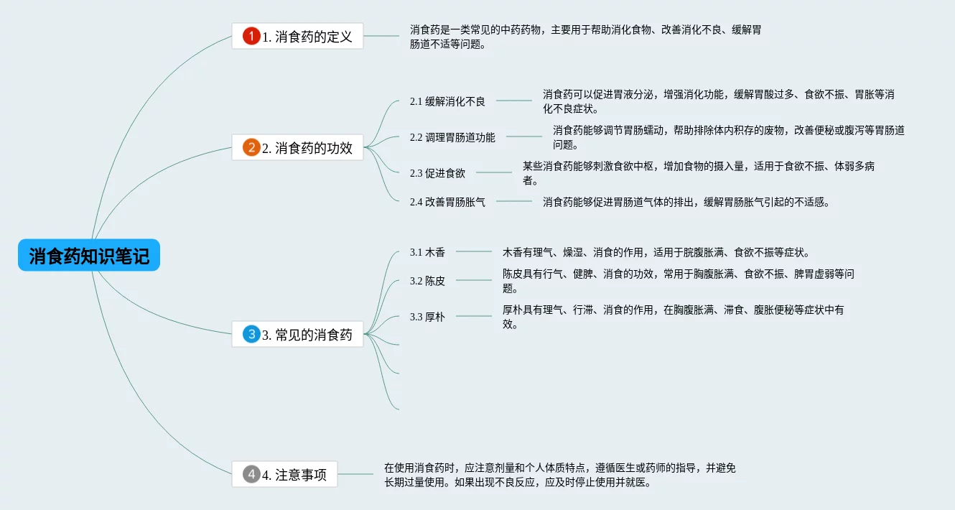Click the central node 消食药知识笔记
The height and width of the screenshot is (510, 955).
(x=89, y=255)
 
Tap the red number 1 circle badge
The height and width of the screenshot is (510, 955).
(x=251, y=36)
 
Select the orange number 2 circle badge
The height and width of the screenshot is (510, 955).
(x=251, y=147)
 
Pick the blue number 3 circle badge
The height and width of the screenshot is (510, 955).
(x=251, y=334)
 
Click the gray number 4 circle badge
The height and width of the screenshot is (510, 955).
(x=251, y=474)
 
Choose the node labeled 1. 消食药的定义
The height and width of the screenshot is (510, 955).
(x=297, y=36)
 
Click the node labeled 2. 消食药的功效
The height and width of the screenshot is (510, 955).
(x=297, y=147)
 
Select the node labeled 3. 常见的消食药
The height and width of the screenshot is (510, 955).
(x=297, y=334)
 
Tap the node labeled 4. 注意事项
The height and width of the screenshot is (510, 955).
(x=284, y=474)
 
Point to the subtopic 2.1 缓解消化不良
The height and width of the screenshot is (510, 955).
(x=447, y=101)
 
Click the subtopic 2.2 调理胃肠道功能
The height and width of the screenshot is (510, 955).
(x=452, y=137)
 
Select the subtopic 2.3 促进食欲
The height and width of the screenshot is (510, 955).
(x=437, y=172)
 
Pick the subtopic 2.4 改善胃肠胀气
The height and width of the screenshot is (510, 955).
(x=447, y=201)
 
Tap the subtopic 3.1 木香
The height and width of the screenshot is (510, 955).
(x=427, y=252)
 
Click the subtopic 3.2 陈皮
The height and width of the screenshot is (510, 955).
(x=427, y=281)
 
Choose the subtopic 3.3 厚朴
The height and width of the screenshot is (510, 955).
(x=427, y=316)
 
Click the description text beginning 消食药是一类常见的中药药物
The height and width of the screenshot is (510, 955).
(x=585, y=37)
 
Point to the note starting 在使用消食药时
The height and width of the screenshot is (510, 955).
(x=560, y=475)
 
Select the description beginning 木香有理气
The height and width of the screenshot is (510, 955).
(x=656, y=252)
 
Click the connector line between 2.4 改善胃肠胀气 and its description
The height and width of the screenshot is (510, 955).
(x=513, y=201)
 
